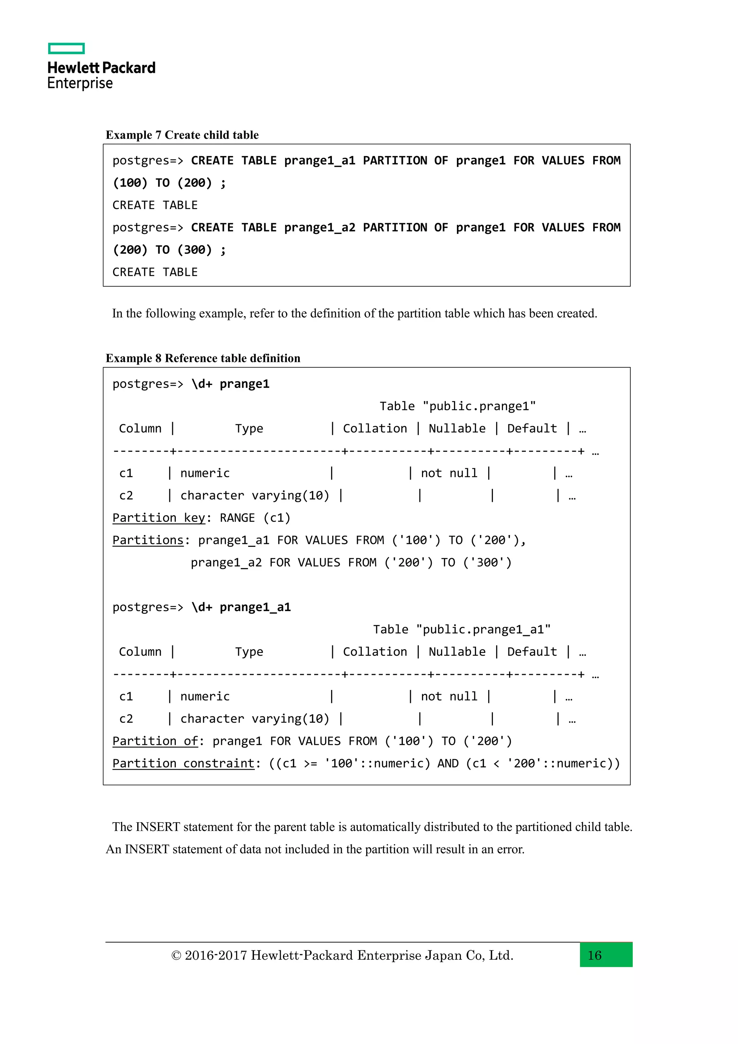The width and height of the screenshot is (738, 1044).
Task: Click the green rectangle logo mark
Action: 66,49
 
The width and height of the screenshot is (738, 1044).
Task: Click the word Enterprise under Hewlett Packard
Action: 80,84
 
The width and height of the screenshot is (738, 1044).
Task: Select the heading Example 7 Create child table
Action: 182,135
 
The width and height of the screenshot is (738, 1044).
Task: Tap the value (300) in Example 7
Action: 195,249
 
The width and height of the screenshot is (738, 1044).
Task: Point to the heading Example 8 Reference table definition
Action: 203,358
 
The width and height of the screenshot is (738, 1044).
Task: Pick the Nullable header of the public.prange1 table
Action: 457,428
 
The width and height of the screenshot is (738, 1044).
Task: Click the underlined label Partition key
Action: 159,518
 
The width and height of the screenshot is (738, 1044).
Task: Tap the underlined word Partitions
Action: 148,540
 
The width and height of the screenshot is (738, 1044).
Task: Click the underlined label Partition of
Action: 155,741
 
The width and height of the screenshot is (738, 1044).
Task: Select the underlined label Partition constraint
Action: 183,764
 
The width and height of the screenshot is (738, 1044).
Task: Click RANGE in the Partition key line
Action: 237,518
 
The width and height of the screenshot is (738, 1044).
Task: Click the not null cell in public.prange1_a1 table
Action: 449,696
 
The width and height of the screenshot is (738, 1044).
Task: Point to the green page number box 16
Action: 606,955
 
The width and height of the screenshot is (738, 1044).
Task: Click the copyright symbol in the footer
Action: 176,955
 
